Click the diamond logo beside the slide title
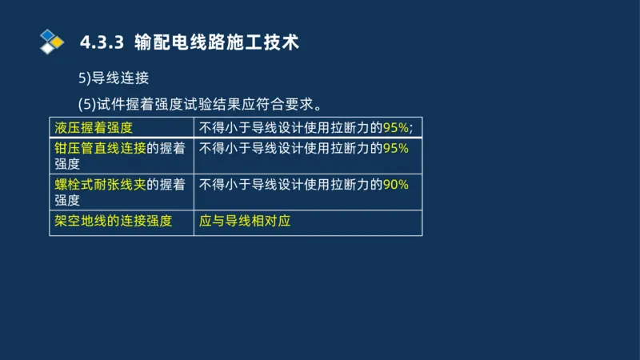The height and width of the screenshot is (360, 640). [x=50, y=41]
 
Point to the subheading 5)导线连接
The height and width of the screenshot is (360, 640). [x=114, y=78]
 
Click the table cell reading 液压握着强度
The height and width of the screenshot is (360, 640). [x=94, y=127]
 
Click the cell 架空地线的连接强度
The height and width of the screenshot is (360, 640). [x=114, y=220]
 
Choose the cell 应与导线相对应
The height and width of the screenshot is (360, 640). [x=245, y=220]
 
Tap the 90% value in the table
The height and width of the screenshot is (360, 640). [x=396, y=184]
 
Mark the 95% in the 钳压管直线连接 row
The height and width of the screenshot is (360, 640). [x=396, y=148]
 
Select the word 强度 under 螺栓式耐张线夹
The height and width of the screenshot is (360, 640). [x=67, y=200]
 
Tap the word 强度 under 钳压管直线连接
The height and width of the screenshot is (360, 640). [x=67, y=164]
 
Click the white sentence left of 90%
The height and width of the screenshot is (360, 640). [x=290, y=184]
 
